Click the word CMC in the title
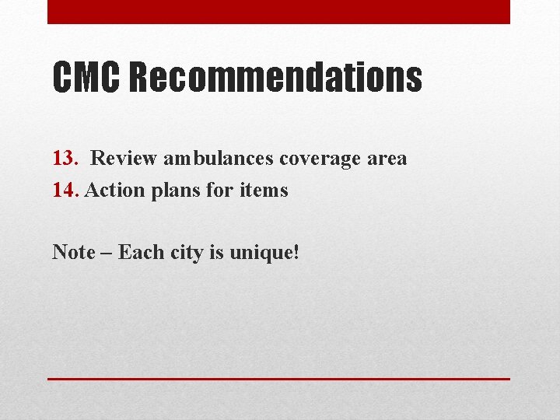click(x=85, y=78)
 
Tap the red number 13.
click(x=65, y=159)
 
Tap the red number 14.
click(x=65, y=190)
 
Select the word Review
click(x=124, y=159)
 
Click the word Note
click(x=73, y=252)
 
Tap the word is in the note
click(x=217, y=252)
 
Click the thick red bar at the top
click(x=278, y=12)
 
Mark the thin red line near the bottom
click(x=278, y=379)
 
